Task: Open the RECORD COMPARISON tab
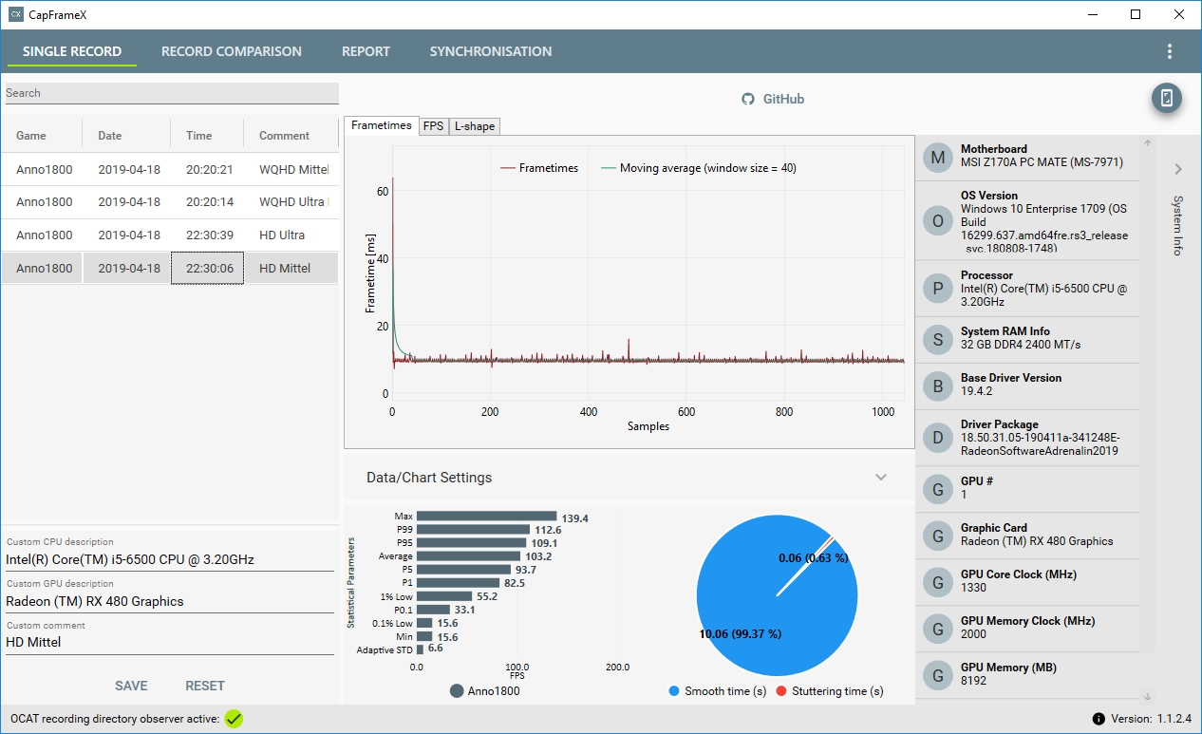pyautogui.click(x=232, y=51)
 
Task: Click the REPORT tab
pyautogui.click(x=366, y=51)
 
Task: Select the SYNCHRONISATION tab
pyautogui.click(x=491, y=51)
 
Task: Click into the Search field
pyautogui.click(x=172, y=93)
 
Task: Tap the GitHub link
pyautogui.click(x=773, y=99)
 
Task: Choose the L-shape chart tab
pyautogui.click(x=475, y=126)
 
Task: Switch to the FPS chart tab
pyautogui.click(x=433, y=126)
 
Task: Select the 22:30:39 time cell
pyautogui.click(x=209, y=235)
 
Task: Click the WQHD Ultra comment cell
pyautogui.click(x=292, y=201)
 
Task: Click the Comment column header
pyautogui.click(x=284, y=135)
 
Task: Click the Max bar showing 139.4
pyautogui.click(x=487, y=517)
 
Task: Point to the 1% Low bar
pyautogui.click(x=444, y=596)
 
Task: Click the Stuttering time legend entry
pyautogui.click(x=830, y=691)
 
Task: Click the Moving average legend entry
pyautogui.click(x=699, y=168)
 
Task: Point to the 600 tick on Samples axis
pyautogui.click(x=686, y=411)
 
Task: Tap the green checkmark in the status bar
pyautogui.click(x=234, y=719)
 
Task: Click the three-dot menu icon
pyautogui.click(x=1170, y=51)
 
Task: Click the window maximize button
pyautogui.click(x=1136, y=14)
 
